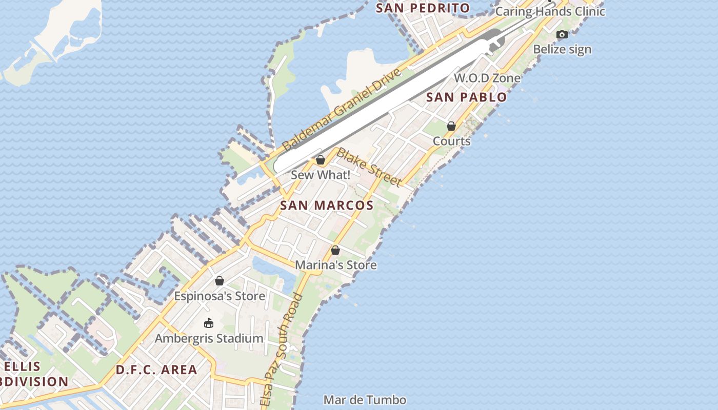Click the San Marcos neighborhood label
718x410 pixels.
327,206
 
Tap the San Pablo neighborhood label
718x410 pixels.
466,97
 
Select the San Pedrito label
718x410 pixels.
423,8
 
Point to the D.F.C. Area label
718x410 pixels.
156,370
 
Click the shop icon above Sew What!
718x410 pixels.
321,160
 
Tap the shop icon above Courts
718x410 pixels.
451,126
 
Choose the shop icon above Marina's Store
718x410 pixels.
335,250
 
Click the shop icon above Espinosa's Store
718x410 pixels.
220,281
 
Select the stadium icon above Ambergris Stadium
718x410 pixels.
209,323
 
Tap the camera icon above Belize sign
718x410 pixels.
562,35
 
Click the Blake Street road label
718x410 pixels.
369,167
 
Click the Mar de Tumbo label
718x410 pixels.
365,400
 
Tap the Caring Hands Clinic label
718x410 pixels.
550,11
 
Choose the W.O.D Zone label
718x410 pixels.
487,78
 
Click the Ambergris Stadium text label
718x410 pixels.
209,339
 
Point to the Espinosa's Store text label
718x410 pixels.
220,296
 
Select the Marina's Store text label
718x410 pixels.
335,265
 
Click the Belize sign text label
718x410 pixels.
562,50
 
